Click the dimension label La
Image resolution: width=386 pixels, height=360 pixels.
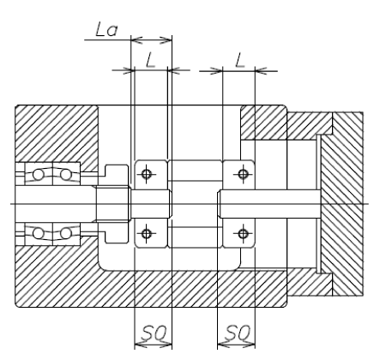[106, 30]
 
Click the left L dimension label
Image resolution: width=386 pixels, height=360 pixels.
[151, 60]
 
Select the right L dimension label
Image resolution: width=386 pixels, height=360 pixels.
[240, 60]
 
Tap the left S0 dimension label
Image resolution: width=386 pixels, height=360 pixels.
[154, 332]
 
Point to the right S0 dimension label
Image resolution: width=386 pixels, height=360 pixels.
[238, 332]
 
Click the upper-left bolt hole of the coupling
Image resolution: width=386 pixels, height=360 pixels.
[147, 174]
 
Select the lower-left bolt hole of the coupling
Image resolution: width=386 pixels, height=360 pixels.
[147, 234]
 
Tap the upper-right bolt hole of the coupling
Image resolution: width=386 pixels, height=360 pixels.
[243, 174]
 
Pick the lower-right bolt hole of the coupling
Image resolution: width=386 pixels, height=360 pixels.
[243, 234]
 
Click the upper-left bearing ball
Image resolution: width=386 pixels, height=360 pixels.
[39, 174]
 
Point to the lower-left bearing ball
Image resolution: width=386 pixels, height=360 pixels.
[39, 233]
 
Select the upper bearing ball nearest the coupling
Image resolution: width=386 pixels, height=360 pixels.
[65, 174]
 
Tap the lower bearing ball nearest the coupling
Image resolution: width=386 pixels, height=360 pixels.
[65, 233]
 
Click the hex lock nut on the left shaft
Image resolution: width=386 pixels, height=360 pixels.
[113, 204]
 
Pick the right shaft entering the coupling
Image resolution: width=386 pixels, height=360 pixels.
[268, 204]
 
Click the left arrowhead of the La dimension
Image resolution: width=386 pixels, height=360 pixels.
[136, 40]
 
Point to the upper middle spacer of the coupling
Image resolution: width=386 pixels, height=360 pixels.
[195, 171]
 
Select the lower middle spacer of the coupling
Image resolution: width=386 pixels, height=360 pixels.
[195, 237]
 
